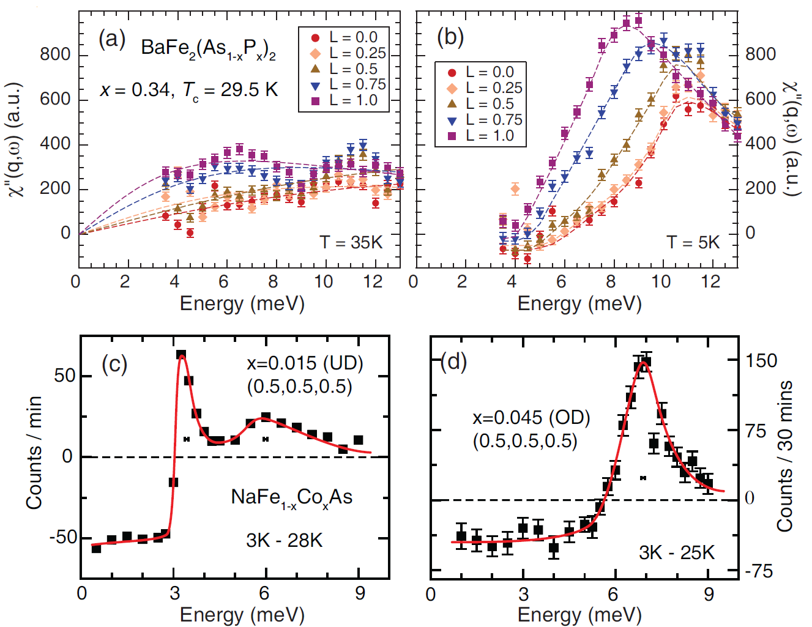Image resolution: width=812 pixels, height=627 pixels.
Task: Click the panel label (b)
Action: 450,38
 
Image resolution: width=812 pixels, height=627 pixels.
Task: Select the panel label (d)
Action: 453,362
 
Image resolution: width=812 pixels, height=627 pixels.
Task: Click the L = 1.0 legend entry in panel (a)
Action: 345,101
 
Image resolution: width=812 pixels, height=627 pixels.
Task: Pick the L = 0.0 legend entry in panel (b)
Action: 481,72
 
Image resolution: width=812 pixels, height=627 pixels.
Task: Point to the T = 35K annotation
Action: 351,243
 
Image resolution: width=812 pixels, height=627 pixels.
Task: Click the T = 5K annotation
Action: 693,243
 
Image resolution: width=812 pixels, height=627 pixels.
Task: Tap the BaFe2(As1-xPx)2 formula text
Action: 208,49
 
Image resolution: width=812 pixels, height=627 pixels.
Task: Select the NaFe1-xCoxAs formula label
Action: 291,498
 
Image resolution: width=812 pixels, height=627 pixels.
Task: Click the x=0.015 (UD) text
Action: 305,363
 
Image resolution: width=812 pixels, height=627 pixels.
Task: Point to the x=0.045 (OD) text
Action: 531,418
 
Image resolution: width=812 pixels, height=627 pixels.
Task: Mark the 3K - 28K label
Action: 284,541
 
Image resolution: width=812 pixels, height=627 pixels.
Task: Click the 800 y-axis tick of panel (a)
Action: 55,54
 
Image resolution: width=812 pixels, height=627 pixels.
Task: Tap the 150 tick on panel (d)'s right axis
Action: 761,360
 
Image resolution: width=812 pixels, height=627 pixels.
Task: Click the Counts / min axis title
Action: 34,453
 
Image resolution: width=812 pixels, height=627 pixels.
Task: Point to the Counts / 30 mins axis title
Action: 785,456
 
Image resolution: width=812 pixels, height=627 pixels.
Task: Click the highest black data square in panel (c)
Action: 181,355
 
